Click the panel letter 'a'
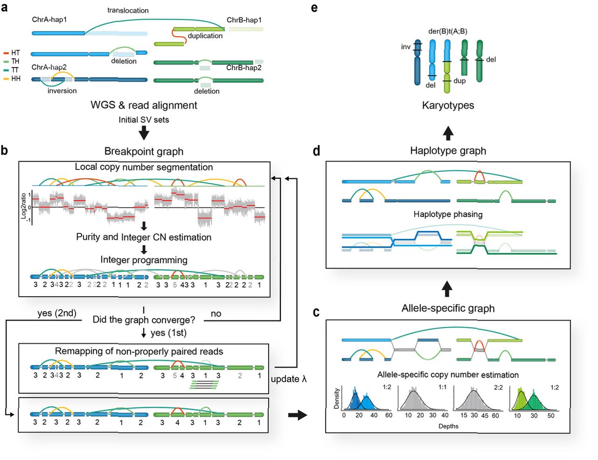(x=5, y=8)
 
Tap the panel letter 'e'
(x=314, y=7)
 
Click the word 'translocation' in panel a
(x=128, y=10)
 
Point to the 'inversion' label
(x=62, y=91)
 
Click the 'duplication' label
(x=205, y=36)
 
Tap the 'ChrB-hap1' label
(x=244, y=20)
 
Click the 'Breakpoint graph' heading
(x=144, y=151)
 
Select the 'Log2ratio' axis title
(x=23, y=206)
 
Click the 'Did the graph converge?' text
(x=144, y=320)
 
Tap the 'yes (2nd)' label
(x=57, y=313)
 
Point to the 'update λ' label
(x=289, y=379)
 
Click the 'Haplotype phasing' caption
(x=448, y=215)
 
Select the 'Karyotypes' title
(x=448, y=105)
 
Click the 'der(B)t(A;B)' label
(x=448, y=31)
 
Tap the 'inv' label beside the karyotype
(x=406, y=47)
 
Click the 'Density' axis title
(x=337, y=398)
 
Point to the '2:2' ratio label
(x=498, y=387)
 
